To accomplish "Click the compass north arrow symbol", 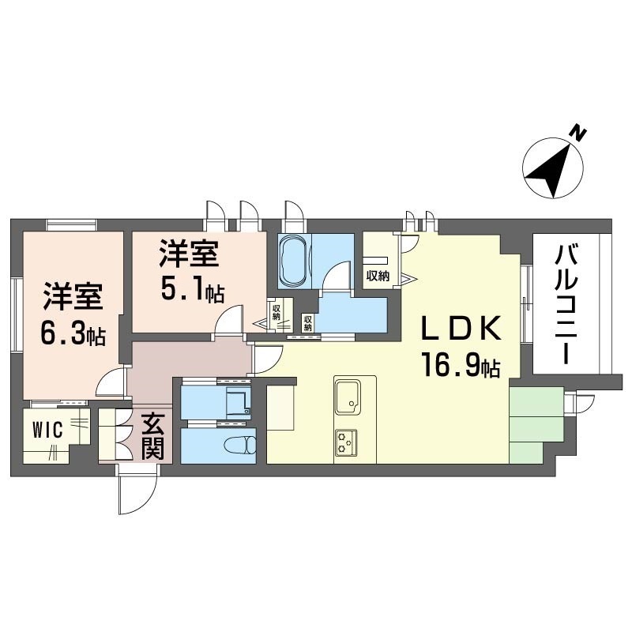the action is coord(552,167).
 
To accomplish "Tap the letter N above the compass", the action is coord(579,133).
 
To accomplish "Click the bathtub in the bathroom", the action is coord(294,261).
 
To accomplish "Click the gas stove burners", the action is coord(346,442).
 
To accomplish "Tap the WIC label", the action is coord(47,430).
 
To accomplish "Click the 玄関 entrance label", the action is coord(152,437).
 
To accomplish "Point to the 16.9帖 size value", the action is coord(461,364).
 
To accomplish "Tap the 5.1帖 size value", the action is coord(193,289).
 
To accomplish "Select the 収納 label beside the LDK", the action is coord(378,276).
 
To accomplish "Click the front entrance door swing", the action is coord(137,489).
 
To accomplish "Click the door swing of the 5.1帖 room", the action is coord(229,319).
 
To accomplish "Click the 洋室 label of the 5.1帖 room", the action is coord(189,253).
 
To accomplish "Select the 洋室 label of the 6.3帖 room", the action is coord(73,297).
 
